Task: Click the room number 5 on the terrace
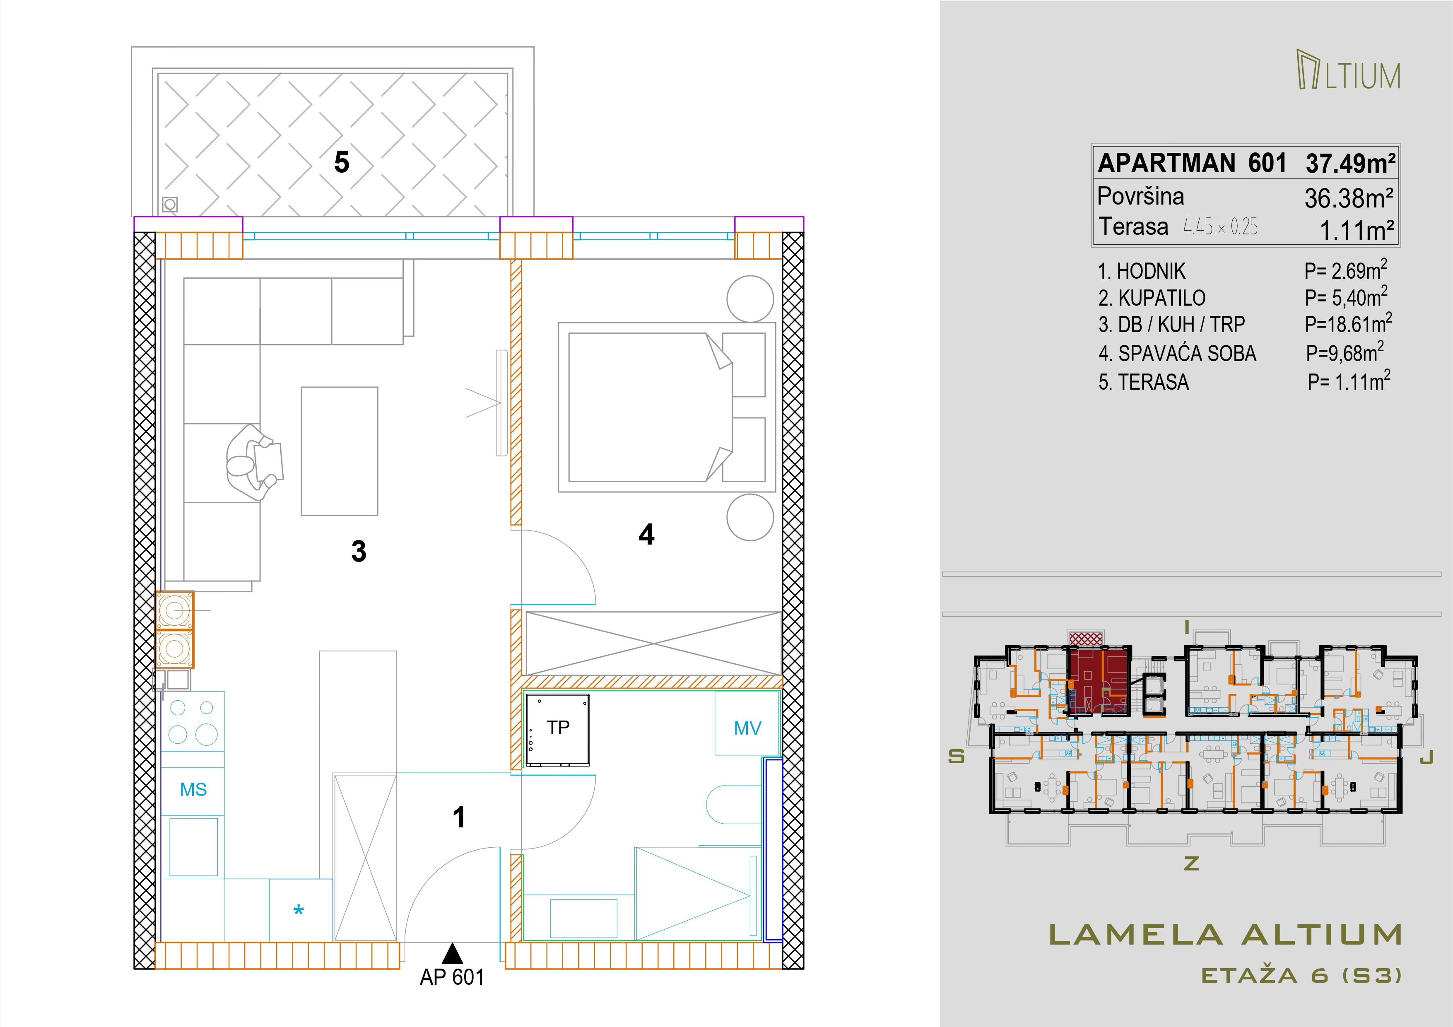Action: [x=342, y=163]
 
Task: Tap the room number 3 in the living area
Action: [x=359, y=551]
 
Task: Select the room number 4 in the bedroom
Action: [x=646, y=535]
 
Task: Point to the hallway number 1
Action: [x=460, y=817]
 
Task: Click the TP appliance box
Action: [x=557, y=730]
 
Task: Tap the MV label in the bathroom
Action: [x=747, y=728]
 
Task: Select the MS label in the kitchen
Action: [x=193, y=790]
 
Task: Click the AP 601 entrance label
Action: [x=452, y=978]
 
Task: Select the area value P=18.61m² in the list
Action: [x=1348, y=323]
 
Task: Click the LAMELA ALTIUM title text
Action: [x=1226, y=935]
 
